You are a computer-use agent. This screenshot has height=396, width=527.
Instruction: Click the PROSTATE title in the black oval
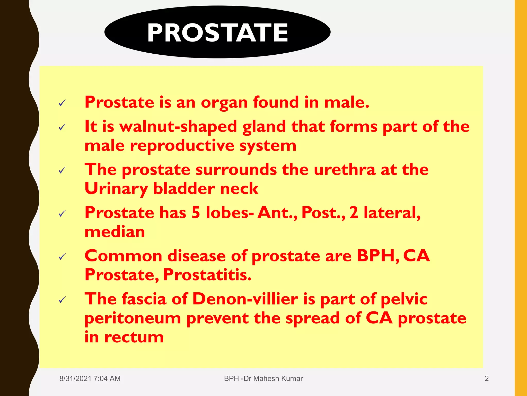pos(217,33)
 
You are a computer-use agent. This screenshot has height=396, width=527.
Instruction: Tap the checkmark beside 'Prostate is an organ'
pos(62,103)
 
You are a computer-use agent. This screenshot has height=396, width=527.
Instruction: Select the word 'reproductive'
pos(182,146)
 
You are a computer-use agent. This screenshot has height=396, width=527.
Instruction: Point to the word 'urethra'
pos(345,170)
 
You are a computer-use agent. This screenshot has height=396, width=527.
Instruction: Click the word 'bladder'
pos(183,189)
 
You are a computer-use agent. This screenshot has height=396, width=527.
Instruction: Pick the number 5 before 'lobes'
pos(196,213)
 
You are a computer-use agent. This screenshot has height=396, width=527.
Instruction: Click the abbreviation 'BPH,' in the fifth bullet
pos(378,256)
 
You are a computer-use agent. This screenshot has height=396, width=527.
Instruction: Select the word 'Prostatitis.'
pos(207,275)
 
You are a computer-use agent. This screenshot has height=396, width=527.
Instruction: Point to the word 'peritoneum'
pos(133,318)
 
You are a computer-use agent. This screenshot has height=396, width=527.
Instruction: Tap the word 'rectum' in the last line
pos(134,337)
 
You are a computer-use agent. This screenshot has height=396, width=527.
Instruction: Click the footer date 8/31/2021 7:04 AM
pos(90,378)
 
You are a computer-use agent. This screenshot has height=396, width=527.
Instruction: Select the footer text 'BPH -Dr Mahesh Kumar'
pos(263,378)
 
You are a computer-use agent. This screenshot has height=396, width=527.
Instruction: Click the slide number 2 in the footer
pos(486,378)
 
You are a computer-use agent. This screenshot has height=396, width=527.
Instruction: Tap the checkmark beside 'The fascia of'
pos(62,300)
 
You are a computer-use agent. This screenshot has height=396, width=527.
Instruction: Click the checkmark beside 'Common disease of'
pos(62,257)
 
